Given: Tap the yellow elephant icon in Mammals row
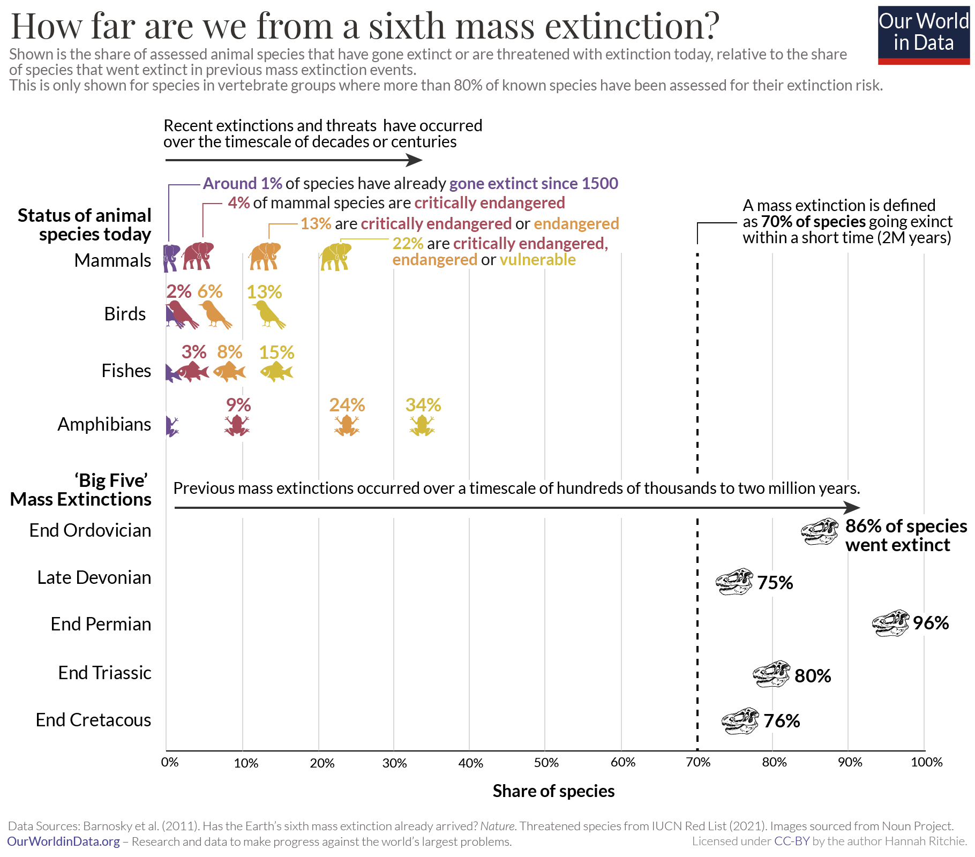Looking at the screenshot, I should (336, 257).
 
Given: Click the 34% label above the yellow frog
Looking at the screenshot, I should (423, 405).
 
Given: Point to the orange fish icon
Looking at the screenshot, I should (229, 371).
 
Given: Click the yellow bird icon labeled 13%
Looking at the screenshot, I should (268, 314).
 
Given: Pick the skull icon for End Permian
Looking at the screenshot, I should (890, 623).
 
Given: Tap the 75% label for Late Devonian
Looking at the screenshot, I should (775, 583).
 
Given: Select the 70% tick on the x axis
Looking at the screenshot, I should (698, 762).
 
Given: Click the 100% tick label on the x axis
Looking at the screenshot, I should (926, 762).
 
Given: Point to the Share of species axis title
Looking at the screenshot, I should (553, 791).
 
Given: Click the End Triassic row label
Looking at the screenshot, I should (104, 673).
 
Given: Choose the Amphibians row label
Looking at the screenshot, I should (104, 424).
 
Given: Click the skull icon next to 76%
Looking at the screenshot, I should (740, 721).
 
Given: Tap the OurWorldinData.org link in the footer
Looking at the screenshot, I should (63, 841).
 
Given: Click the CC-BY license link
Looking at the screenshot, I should (791, 841).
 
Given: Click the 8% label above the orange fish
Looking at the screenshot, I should (229, 352).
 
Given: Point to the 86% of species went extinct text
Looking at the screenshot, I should (906, 536).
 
